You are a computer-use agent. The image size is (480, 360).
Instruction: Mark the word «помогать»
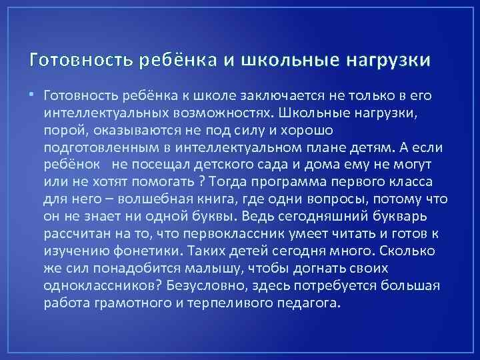pyautogui.click(x=160, y=181)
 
